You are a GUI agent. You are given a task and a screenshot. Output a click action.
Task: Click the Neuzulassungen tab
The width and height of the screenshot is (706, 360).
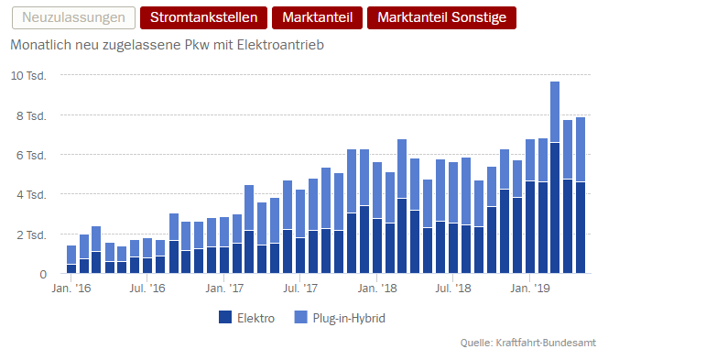(73, 18)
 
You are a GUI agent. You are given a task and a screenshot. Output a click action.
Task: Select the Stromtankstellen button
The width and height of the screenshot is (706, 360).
(203, 18)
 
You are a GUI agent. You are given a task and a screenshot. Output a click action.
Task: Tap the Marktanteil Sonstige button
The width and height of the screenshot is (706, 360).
(441, 18)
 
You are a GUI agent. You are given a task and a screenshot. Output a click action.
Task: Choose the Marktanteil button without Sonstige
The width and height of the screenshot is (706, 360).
(317, 18)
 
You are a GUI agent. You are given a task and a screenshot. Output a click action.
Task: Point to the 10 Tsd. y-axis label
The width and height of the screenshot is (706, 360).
(28, 76)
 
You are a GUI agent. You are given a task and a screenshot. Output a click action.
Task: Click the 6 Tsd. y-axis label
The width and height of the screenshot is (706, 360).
(31, 156)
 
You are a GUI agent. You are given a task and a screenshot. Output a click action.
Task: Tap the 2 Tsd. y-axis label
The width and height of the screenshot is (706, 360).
(31, 235)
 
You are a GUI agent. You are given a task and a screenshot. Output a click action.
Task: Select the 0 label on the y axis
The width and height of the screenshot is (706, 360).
(43, 275)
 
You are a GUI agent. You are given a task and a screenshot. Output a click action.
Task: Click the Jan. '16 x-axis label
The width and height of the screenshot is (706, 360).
(71, 289)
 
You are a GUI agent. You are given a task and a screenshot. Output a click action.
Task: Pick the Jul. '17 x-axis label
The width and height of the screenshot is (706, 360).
(300, 289)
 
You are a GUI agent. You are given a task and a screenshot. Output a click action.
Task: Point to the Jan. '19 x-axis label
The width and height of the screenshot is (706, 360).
(530, 289)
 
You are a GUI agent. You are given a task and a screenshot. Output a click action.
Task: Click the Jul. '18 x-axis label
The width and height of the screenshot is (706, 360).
(453, 289)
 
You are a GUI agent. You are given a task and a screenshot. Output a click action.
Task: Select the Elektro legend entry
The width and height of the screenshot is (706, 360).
(246, 318)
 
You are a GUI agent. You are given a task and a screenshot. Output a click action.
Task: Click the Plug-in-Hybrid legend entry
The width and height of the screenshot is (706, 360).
(340, 318)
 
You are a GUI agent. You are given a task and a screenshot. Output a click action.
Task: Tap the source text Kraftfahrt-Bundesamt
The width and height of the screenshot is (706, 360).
(546, 343)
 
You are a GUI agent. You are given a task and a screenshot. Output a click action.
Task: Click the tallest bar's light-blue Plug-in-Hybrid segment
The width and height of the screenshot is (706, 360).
(555, 112)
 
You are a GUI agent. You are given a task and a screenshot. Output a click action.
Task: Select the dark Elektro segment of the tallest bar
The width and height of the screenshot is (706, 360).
(555, 208)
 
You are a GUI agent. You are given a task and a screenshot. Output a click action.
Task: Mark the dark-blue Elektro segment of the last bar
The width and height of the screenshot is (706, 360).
(581, 227)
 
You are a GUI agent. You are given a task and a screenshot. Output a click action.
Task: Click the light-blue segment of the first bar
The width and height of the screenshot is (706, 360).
(71, 255)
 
